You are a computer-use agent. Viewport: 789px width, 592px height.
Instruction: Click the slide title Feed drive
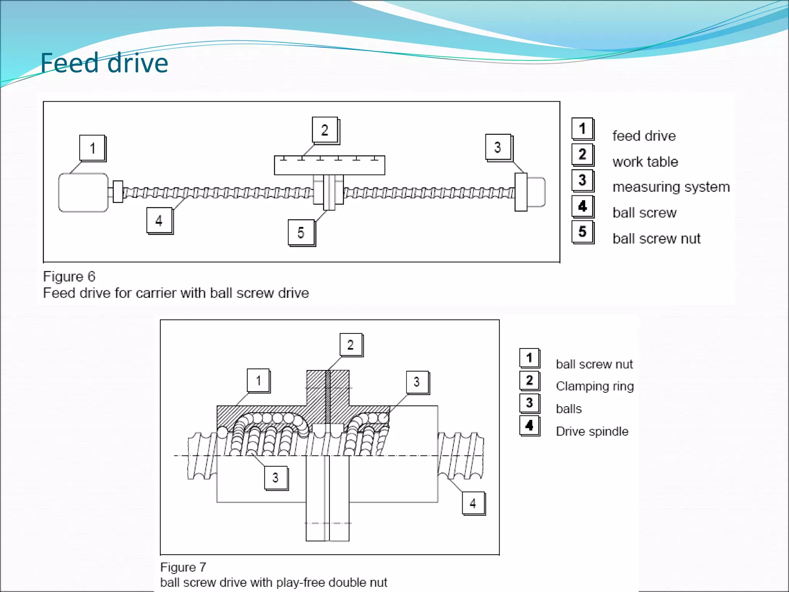pos(104,63)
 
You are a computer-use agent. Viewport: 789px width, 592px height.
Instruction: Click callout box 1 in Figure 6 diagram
pos(92,148)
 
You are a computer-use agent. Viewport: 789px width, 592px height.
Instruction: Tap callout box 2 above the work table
pos(325,130)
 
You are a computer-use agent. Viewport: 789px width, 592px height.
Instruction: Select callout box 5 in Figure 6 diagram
pos(301,232)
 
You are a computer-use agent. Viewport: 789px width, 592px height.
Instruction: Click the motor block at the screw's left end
pos(83,192)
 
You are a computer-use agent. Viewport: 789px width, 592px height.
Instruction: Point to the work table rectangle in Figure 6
pos(329,166)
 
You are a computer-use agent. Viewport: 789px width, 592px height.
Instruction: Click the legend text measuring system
pos(671,187)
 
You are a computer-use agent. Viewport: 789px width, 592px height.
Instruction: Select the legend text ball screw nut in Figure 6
pos(656,239)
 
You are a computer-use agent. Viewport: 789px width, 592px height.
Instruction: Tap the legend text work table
pos(645,162)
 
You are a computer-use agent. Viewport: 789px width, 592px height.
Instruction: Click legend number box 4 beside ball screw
pos(583,206)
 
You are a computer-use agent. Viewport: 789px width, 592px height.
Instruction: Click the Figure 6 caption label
pos(69,276)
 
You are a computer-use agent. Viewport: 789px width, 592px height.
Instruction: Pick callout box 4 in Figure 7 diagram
pos(473,503)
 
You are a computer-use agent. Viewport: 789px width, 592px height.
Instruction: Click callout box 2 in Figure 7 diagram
pos(351,345)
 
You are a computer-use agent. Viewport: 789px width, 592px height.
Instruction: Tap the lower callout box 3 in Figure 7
pos(275,478)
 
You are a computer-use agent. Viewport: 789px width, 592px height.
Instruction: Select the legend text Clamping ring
pos(594,386)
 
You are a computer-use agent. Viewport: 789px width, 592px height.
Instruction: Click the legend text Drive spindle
pos(592,431)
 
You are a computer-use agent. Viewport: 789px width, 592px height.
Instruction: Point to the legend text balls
pos(569,409)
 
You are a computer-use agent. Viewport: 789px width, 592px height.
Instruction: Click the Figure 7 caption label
pos(183,567)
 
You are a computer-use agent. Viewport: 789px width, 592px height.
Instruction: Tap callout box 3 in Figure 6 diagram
pos(498,147)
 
